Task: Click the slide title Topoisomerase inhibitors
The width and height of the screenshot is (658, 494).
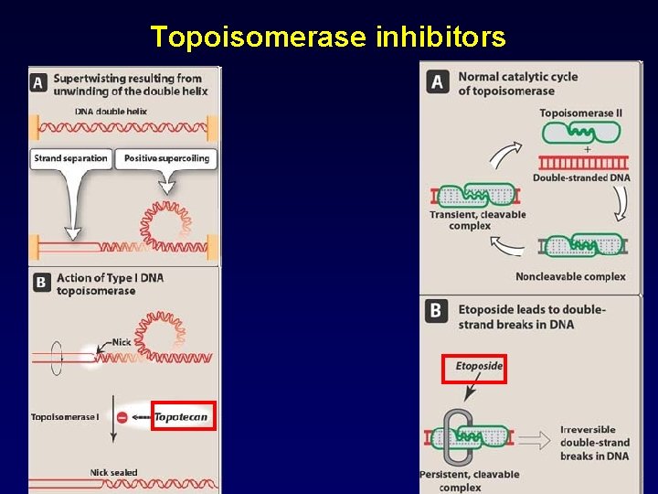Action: [328, 37]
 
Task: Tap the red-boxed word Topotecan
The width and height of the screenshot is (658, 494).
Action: [183, 417]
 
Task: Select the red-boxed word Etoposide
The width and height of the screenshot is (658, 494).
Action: [479, 367]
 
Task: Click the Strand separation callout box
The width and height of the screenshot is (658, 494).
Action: [70, 158]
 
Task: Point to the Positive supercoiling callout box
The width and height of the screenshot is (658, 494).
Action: [166, 158]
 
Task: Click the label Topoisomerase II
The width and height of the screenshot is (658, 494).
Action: [580, 113]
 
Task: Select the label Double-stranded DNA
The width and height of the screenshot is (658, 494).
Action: [581, 177]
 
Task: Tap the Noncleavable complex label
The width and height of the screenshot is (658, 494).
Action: [570, 276]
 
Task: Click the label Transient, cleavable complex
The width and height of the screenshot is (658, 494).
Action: [477, 220]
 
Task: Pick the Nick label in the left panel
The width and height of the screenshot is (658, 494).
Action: [122, 342]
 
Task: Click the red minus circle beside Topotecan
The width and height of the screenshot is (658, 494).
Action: [122, 417]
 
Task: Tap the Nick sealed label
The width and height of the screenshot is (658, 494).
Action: [113, 472]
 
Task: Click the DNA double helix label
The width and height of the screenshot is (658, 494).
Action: [111, 112]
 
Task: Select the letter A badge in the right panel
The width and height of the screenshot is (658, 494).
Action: [437, 82]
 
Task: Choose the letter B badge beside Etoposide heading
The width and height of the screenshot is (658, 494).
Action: [437, 310]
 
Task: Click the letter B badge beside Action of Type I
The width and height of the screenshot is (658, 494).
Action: [40, 283]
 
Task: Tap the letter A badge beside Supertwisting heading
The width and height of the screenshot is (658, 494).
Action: [39, 82]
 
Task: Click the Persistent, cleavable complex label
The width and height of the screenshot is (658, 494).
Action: [470, 480]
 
